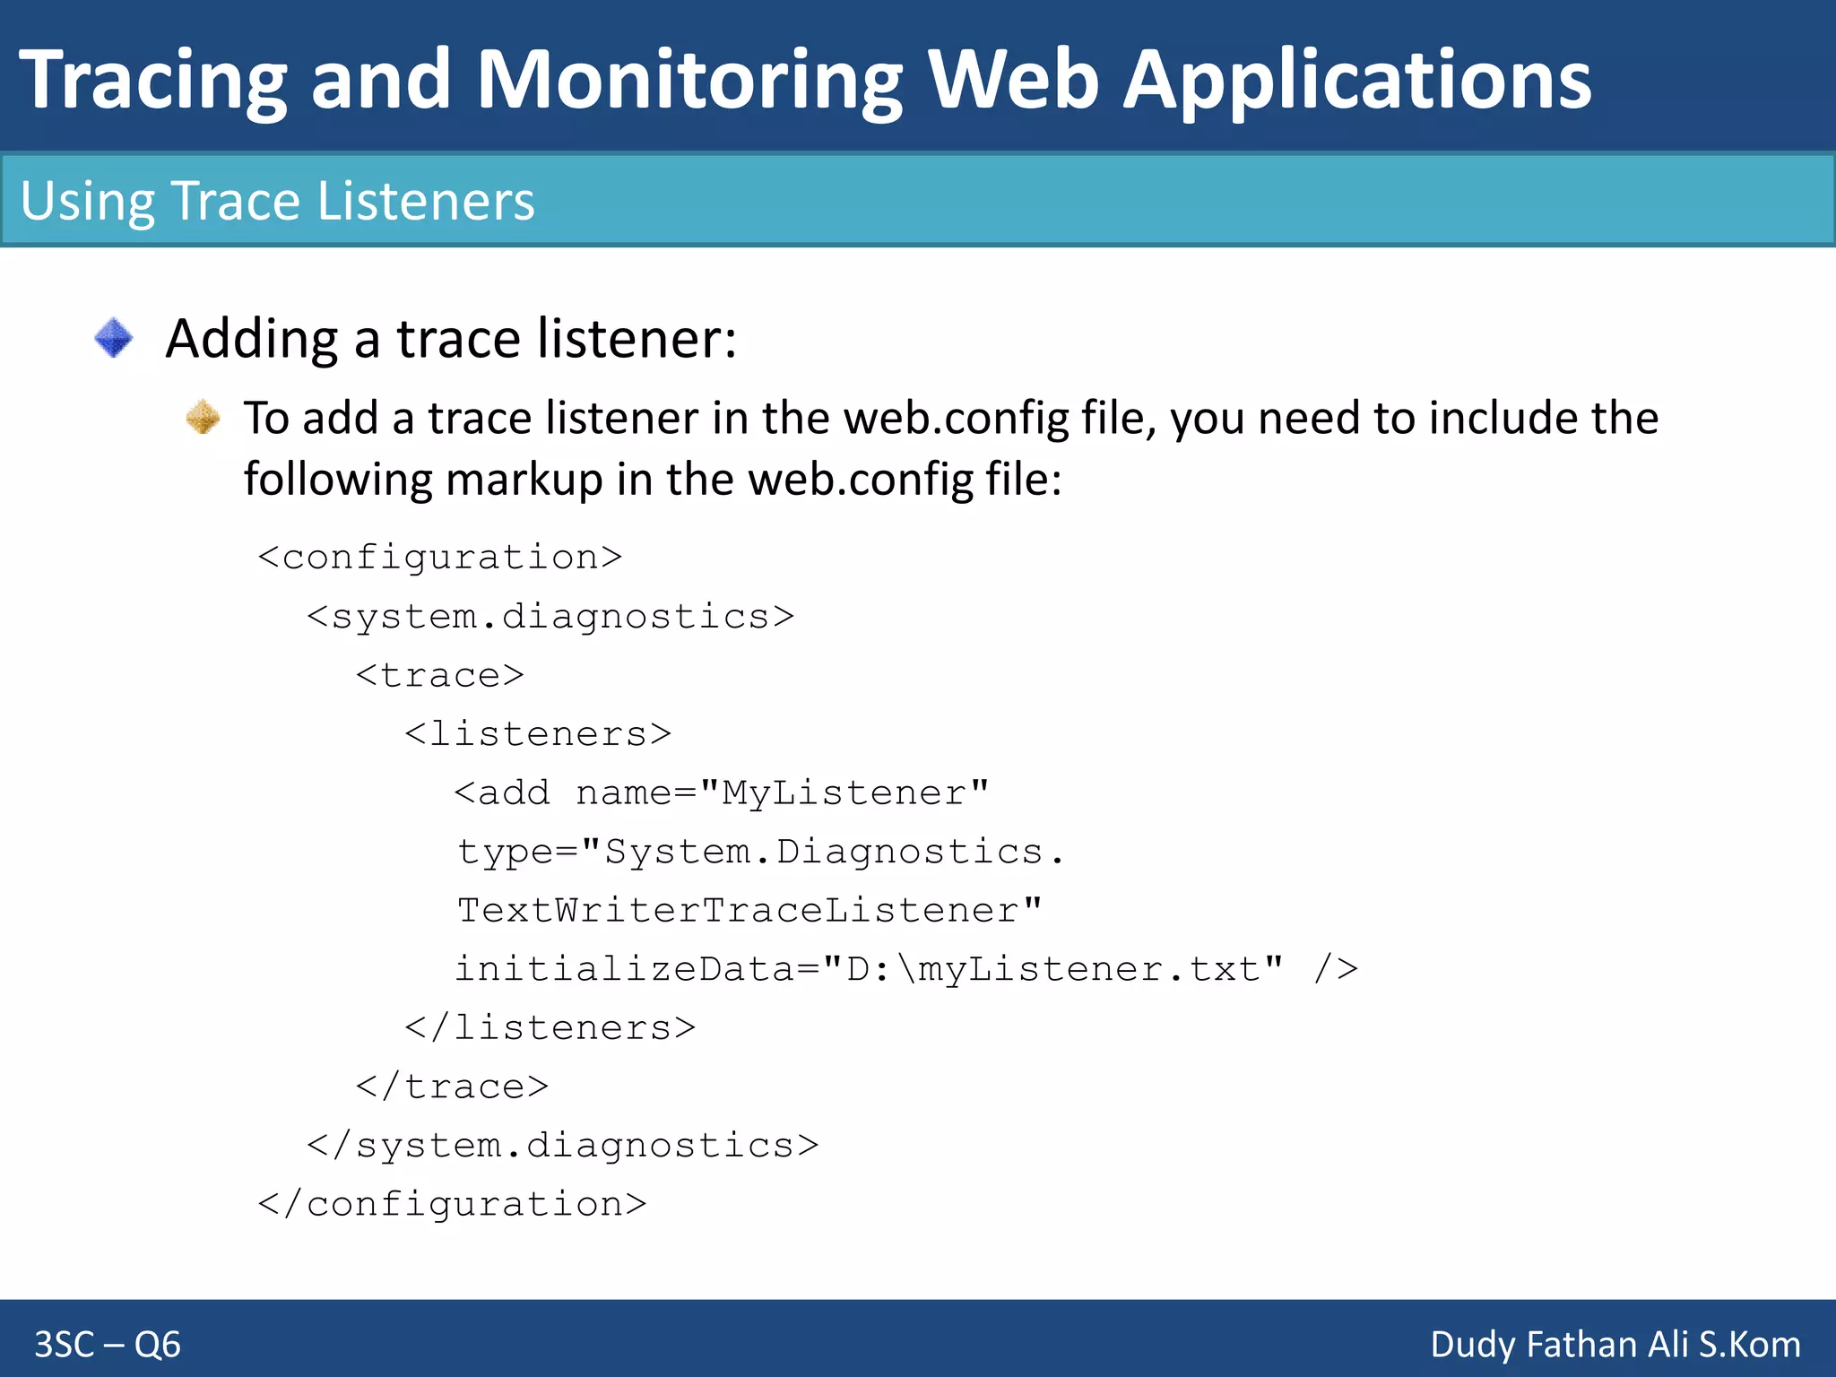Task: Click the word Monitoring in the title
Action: click(688, 81)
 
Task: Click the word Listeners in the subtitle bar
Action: click(426, 201)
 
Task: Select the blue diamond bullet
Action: click(114, 338)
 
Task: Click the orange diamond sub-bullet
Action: click(204, 417)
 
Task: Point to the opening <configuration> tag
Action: click(439, 558)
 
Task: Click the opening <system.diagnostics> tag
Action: click(550, 617)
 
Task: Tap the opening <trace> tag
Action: click(439, 675)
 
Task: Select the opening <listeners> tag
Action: click(538, 734)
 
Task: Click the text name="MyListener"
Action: click(782, 793)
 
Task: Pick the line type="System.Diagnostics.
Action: click(760, 852)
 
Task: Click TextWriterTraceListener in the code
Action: click(749, 911)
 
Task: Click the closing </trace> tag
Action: click(452, 1087)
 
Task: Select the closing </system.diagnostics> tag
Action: click(562, 1146)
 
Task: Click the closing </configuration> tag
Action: click(452, 1204)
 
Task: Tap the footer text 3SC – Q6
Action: click(108, 1345)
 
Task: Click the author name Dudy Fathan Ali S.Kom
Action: click(1615, 1345)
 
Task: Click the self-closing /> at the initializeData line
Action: click(1336, 969)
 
